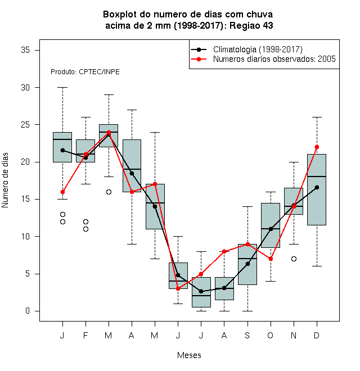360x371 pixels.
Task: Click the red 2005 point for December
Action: [x=317, y=147]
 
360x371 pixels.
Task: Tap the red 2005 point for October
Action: [x=271, y=259]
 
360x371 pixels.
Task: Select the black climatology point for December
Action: [x=317, y=187]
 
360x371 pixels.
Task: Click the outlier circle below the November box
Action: [x=294, y=259]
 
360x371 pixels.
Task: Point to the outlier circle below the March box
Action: [x=109, y=192]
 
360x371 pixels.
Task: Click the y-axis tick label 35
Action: [x=25, y=50]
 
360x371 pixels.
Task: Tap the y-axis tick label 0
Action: [x=28, y=311]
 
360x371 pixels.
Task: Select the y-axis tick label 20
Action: [x=25, y=162]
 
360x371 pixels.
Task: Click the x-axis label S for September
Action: [x=247, y=335]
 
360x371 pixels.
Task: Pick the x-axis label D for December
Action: [x=317, y=335]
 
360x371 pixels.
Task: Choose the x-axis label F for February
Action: [x=85, y=335]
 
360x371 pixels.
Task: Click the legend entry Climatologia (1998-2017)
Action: [x=258, y=49]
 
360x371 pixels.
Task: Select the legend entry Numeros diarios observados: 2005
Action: [x=274, y=59]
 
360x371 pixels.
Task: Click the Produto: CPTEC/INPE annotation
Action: [x=85, y=72]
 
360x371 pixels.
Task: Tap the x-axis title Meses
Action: [x=189, y=355]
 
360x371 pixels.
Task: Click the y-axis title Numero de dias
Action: [x=5, y=180]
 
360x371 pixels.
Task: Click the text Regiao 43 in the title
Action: [x=251, y=25]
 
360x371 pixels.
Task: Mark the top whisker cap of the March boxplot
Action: [x=109, y=94]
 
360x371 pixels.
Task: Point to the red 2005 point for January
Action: [x=62, y=192]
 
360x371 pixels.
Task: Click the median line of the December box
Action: [x=317, y=177]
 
